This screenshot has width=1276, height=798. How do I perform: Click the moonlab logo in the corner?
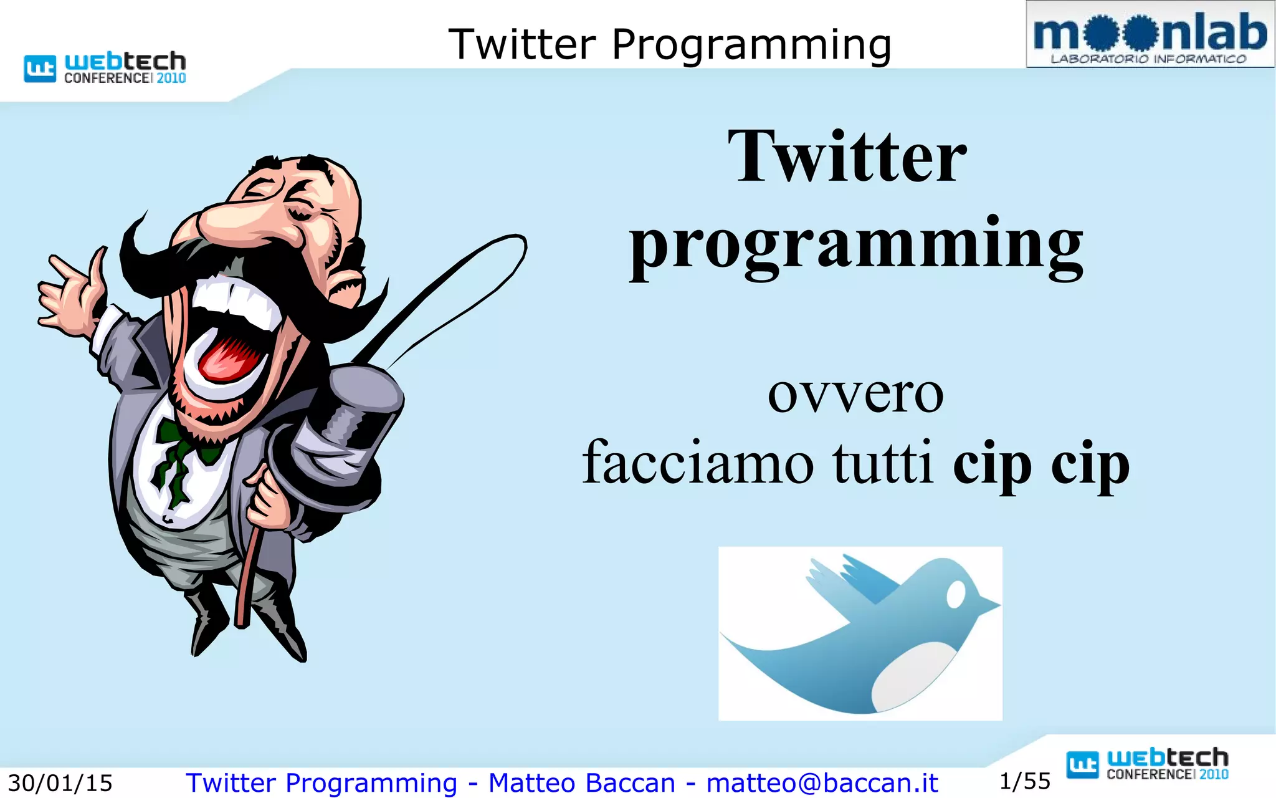tap(1150, 35)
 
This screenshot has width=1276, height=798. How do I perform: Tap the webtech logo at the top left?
tap(105, 67)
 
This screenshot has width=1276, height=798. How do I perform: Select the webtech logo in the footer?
tap(1147, 764)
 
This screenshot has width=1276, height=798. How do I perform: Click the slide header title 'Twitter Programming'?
tap(670, 44)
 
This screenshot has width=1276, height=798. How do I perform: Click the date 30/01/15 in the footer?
tap(60, 783)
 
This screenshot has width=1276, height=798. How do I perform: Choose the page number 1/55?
tap(1025, 781)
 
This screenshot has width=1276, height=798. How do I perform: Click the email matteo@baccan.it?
tap(822, 783)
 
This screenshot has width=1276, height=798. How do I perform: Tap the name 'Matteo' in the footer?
tap(531, 783)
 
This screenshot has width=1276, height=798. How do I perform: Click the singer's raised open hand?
tap(69, 293)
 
